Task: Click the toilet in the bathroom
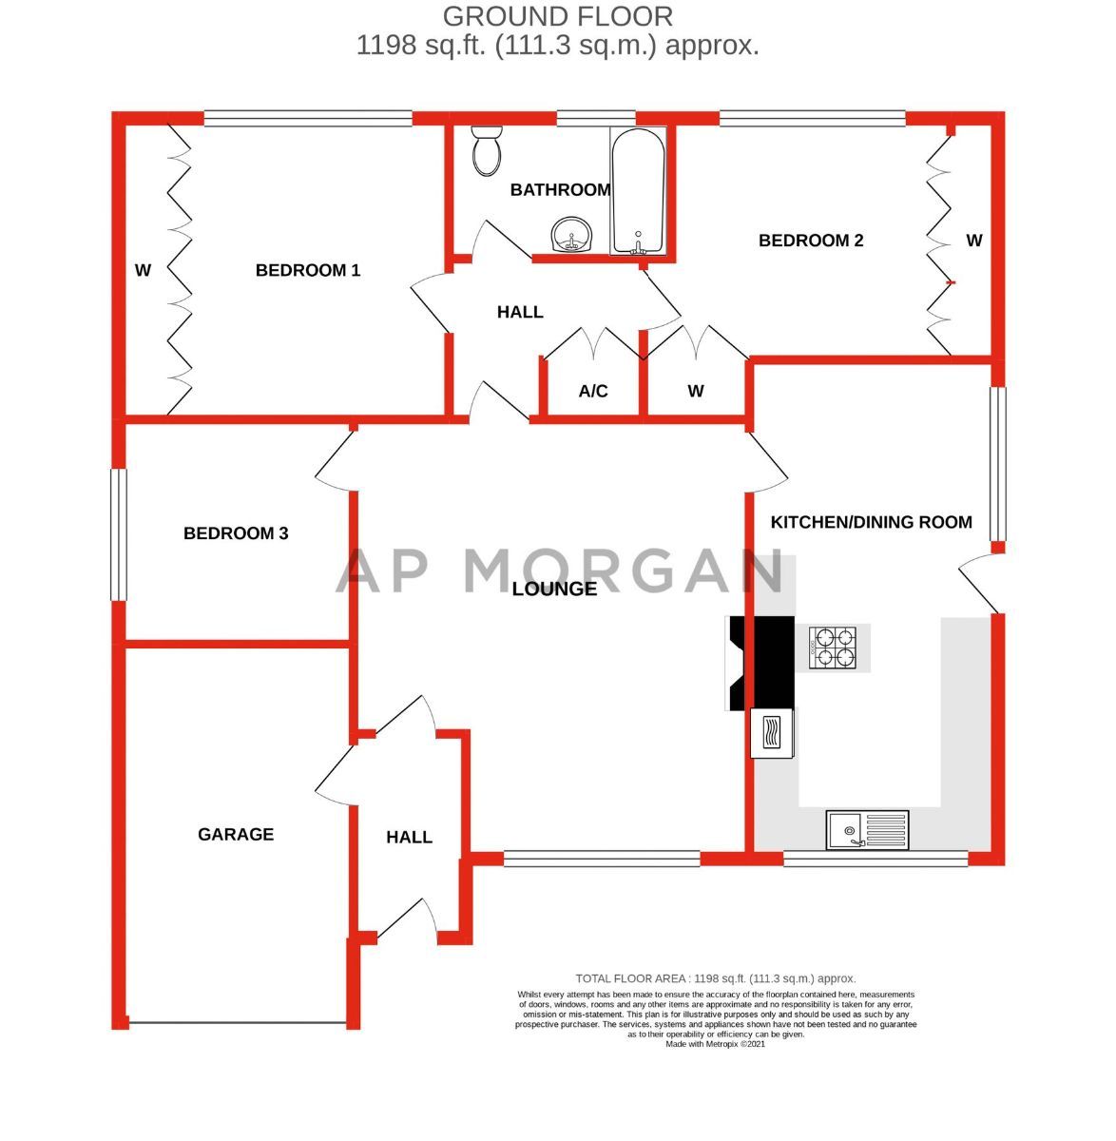[x=488, y=151]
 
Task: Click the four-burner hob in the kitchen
[x=834, y=647]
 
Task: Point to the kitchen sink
[x=867, y=830]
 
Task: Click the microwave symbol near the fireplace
[x=772, y=734]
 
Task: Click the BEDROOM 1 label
[x=308, y=271]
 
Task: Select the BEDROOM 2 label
[x=811, y=242]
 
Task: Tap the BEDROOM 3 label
[x=236, y=534]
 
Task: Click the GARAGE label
[x=236, y=835]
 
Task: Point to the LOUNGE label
[x=554, y=590]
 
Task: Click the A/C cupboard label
[x=593, y=392]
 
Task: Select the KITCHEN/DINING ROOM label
[x=871, y=523]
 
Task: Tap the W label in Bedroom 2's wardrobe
[x=974, y=242]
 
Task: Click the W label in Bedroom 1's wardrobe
[x=143, y=271]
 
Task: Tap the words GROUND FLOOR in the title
[x=558, y=16]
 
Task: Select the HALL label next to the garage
[x=409, y=838]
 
